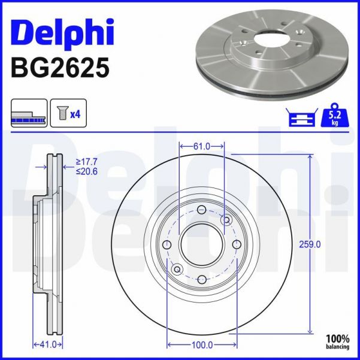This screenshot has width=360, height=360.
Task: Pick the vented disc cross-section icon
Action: click(28, 113)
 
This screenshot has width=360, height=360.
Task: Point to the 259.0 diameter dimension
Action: click(310, 244)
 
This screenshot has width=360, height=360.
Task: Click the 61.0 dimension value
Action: click(202, 146)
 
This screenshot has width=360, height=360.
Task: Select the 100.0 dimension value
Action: click(202, 345)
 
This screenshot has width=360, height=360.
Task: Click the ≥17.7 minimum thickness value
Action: click(87, 161)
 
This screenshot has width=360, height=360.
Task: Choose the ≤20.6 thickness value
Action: click(87, 171)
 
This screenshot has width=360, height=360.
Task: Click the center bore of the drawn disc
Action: click(202, 244)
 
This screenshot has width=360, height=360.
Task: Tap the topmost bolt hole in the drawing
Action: click(202, 209)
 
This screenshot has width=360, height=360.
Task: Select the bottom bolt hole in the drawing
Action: click(202, 279)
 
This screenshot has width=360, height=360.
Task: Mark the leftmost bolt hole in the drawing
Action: click(167, 244)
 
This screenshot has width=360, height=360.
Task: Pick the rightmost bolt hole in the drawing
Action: click(237, 244)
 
